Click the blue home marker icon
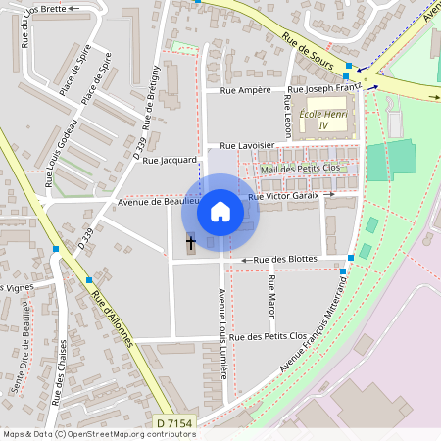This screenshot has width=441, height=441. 220,211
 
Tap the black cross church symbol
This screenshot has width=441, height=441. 190,241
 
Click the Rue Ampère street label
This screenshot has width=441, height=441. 245,90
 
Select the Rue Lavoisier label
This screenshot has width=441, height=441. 248,145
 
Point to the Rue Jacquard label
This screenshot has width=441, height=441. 171,159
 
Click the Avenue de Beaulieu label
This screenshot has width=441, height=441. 152,201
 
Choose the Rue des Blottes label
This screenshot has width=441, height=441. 285,259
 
